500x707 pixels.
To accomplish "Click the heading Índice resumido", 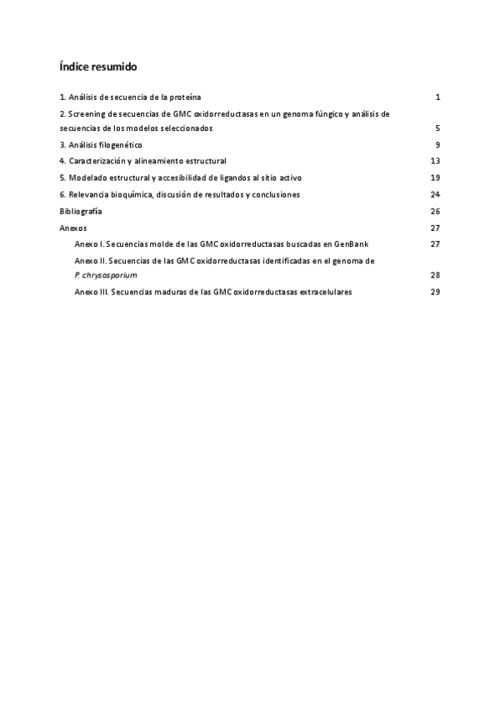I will pos(98,66).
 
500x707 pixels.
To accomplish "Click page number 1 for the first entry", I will pos(437,98).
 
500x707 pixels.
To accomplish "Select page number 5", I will pos(437,128).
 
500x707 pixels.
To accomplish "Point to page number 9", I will pos(437,145).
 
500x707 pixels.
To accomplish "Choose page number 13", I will pos(435,161).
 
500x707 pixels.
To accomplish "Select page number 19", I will pos(435,178).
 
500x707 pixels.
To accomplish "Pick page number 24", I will pos(435,194).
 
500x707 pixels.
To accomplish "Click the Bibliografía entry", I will pos(81,211).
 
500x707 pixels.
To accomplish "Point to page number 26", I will pos(435,211).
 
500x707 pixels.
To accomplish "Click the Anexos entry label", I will pos(73,228).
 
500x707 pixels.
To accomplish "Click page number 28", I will pos(435,274).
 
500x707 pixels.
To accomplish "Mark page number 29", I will pos(435,292).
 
